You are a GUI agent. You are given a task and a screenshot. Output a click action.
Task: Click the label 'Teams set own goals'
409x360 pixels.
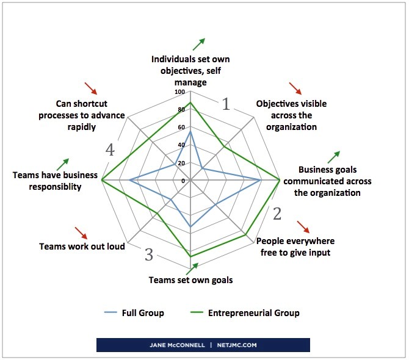(190, 280)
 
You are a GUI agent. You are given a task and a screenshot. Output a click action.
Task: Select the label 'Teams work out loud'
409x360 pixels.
(82, 247)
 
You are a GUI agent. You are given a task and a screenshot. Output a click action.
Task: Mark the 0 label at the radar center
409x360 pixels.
(182, 181)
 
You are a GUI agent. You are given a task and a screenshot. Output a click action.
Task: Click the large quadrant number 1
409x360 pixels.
(226, 104)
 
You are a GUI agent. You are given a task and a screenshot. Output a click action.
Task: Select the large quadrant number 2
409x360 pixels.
(277, 214)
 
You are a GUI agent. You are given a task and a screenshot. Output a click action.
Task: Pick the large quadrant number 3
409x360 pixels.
(148, 254)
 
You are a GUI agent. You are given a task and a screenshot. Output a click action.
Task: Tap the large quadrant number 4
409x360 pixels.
(110, 149)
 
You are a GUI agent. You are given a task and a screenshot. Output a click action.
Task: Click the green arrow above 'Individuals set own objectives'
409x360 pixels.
(198, 43)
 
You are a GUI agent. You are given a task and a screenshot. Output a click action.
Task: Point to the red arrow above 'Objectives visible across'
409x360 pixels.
(295, 87)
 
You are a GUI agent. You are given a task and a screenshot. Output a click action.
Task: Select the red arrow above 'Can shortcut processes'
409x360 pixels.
(90, 88)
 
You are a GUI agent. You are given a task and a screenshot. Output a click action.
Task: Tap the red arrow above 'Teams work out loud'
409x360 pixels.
(81, 232)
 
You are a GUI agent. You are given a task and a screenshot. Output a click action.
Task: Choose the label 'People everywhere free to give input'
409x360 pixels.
(293, 246)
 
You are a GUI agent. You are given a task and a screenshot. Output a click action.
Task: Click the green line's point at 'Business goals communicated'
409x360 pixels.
(280, 180)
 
